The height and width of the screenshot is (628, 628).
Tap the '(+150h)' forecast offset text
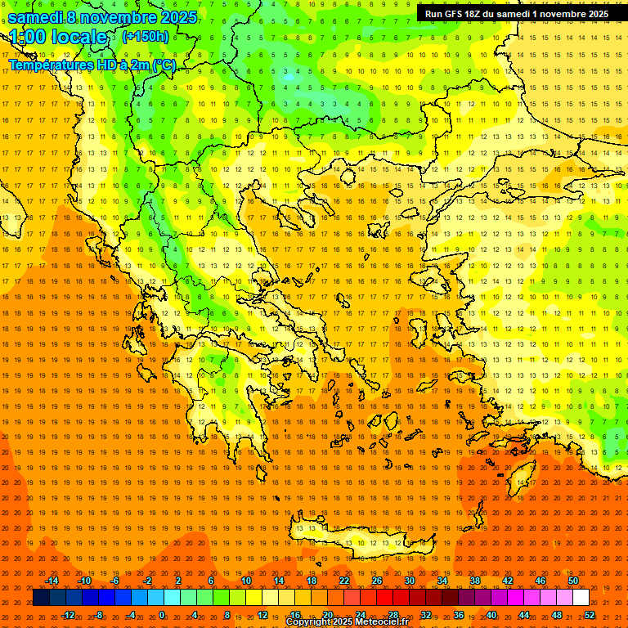(x=146, y=36)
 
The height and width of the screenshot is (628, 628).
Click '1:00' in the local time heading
(x=29, y=38)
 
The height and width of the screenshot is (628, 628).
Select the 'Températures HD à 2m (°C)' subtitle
(x=92, y=65)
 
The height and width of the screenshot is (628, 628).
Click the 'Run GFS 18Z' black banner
(x=517, y=13)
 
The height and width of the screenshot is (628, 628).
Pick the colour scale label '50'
(x=572, y=581)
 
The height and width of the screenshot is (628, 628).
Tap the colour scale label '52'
(x=589, y=615)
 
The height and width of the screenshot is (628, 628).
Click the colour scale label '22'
(x=344, y=581)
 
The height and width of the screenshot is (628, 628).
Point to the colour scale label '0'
(x=162, y=615)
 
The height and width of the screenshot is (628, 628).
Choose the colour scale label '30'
(x=410, y=581)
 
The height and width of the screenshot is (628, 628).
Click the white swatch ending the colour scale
(x=581, y=598)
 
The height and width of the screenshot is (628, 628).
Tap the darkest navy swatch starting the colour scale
(x=41, y=598)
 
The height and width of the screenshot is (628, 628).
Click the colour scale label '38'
(x=475, y=581)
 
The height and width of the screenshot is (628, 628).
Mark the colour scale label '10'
(x=246, y=581)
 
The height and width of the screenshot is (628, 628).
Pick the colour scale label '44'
(x=523, y=615)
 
